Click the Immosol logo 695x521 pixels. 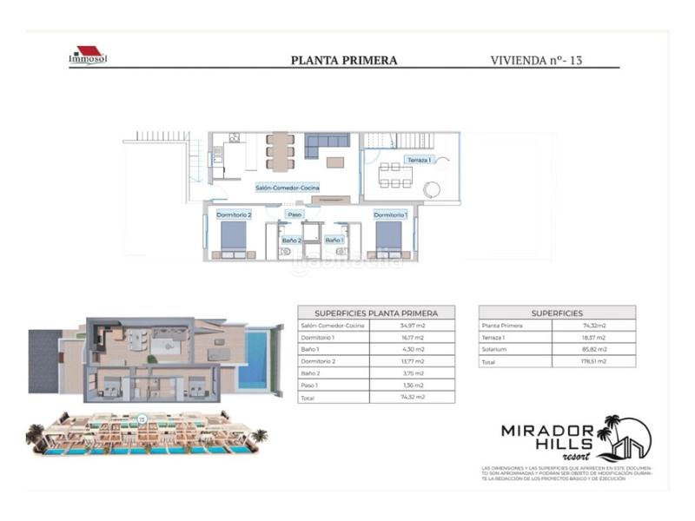click(x=87, y=56)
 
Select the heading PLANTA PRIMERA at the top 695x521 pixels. click(x=343, y=61)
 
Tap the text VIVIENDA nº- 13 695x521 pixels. click(x=535, y=61)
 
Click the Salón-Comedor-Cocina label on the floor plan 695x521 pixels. click(x=287, y=188)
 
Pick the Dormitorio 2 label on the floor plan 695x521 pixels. click(x=235, y=214)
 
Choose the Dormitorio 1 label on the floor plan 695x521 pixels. click(x=390, y=214)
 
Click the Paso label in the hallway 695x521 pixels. click(x=295, y=214)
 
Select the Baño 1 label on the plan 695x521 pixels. click(x=334, y=241)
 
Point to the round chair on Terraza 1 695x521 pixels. click(x=432, y=190)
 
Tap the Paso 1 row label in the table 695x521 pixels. click(x=313, y=385)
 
